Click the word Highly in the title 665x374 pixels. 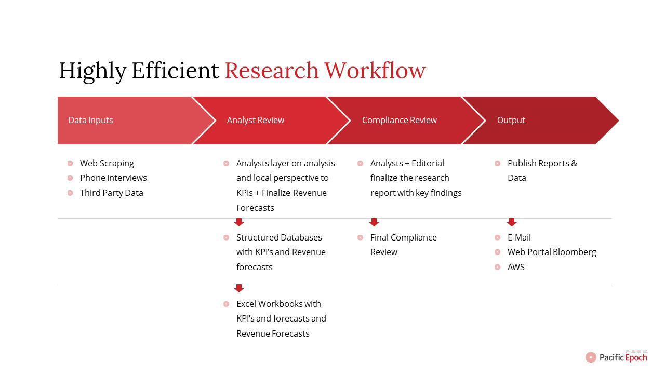click(92, 72)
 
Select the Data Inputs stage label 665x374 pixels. click(90, 120)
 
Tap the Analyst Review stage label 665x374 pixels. click(255, 120)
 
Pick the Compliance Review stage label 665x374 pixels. click(400, 120)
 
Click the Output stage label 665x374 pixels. click(511, 120)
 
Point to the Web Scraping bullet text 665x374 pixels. click(107, 163)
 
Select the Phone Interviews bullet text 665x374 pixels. click(113, 178)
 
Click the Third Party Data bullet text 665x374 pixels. click(112, 193)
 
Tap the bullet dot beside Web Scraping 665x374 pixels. click(70, 163)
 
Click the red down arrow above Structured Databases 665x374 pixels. click(239, 222)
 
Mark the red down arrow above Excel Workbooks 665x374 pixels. click(239, 288)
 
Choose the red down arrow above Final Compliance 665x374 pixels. click(374, 222)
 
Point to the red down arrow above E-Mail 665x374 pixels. click(512, 222)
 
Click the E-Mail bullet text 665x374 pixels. click(519, 237)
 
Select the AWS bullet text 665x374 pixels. click(516, 267)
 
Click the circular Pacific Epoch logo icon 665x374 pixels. click(591, 357)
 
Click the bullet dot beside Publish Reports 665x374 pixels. click(498, 163)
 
